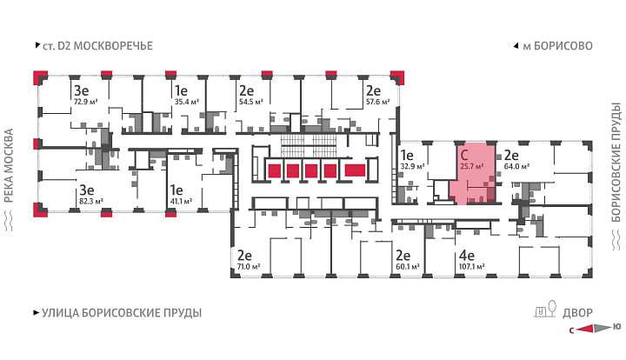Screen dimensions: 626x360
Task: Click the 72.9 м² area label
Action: coord(86,102)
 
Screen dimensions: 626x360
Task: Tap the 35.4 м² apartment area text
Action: coord(187,102)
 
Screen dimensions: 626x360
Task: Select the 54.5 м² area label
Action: coord(251,102)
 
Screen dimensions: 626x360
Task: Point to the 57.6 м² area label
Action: coord(378,102)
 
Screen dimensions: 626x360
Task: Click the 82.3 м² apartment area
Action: coord(91,201)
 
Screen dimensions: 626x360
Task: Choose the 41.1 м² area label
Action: coord(181,201)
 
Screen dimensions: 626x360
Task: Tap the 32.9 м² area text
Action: coord(412,166)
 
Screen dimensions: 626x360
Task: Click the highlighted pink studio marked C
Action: coord(473,175)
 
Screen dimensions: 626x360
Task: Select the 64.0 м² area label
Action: coord(516,166)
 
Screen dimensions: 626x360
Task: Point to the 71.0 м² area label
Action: coord(249,266)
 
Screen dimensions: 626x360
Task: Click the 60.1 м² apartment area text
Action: coord(408,266)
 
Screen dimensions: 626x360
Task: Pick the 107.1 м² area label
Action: coord(472,266)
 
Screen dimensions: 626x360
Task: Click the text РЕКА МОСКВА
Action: coord(9,165)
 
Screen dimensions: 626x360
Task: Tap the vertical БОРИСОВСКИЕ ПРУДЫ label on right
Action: coord(616,163)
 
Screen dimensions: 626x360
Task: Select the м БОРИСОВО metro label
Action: coord(557,46)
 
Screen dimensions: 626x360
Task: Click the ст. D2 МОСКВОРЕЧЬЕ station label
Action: coord(97,46)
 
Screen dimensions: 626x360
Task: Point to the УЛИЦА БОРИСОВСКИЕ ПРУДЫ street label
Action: coord(122,313)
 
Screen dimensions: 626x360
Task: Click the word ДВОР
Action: coord(577,313)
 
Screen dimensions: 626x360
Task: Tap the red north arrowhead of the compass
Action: coord(585,329)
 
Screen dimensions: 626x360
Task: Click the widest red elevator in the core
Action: coord(355,170)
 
